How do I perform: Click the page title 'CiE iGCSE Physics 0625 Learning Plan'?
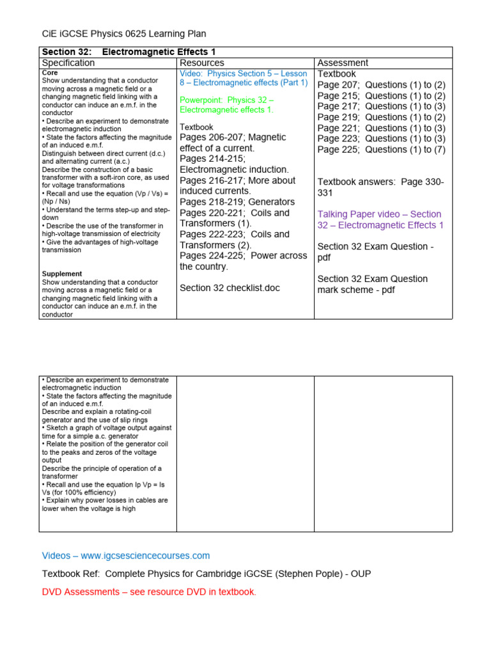(124, 34)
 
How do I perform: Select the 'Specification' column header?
(68, 63)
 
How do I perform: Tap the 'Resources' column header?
(202, 63)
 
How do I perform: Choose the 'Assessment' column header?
(343, 63)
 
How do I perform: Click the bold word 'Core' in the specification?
(50, 73)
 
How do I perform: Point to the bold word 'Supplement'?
(62, 274)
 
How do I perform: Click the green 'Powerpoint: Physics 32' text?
(227, 105)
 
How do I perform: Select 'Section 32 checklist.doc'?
(230, 288)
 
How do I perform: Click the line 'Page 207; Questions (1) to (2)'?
(382, 84)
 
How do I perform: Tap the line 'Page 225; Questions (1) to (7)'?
(382, 150)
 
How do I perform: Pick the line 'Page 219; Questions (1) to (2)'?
(382, 117)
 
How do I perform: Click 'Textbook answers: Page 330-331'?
(380, 187)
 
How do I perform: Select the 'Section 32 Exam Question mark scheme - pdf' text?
(373, 284)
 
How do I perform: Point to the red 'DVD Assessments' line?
(149, 592)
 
